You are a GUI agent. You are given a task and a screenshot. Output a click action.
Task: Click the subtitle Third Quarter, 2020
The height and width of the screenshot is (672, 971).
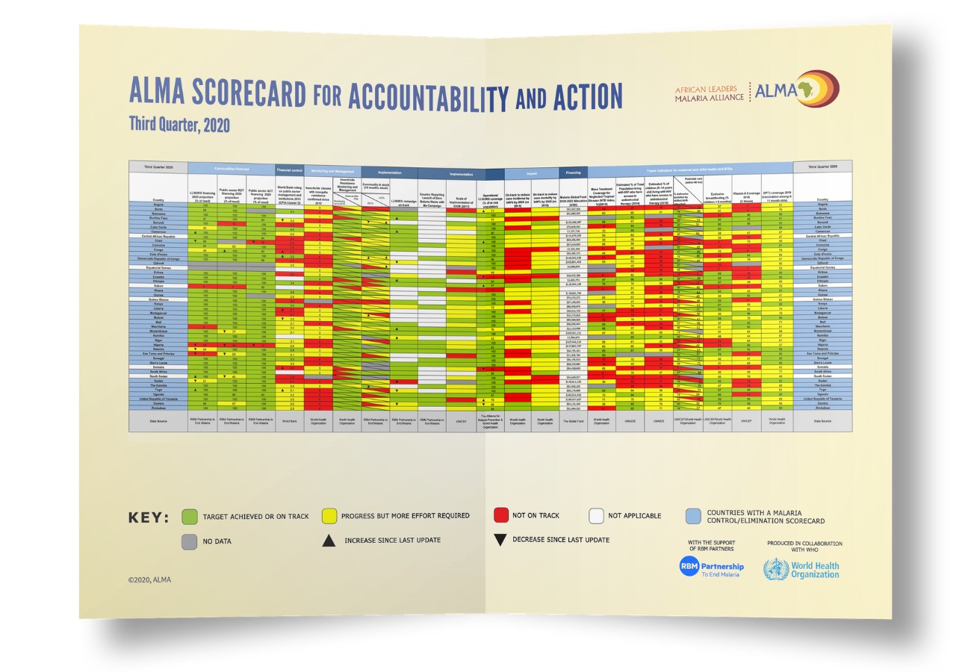click(x=179, y=123)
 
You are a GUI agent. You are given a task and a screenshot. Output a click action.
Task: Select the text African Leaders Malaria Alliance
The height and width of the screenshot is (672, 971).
click(x=709, y=93)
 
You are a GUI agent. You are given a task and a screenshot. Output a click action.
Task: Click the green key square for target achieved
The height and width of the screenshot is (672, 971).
click(x=190, y=516)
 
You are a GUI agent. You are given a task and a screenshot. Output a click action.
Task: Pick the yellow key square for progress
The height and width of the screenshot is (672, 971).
click(x=329, y=516)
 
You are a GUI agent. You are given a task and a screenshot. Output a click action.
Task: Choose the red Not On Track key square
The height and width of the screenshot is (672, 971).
click(x=501, y=515)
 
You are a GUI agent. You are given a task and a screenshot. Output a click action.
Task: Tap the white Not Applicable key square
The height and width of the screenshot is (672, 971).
click(x=595, y=515)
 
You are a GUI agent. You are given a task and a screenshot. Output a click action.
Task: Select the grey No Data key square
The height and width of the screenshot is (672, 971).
click(x=190, y=541)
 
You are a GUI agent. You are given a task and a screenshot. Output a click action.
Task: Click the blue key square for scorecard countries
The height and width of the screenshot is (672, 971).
click(x=693, y=516)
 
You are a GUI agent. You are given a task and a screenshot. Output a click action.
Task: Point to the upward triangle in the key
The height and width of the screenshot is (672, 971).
click(x=329, y=541)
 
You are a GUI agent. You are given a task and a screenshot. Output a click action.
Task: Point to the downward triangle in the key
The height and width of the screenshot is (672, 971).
click(x=500, y=540)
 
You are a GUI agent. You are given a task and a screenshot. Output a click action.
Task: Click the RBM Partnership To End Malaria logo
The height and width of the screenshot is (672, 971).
click(x=711, y=568)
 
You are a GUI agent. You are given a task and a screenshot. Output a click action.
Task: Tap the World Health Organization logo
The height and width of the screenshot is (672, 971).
click(x=801, y=570)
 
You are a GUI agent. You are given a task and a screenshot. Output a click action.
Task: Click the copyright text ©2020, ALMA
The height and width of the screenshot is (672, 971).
click(x=149, y=579)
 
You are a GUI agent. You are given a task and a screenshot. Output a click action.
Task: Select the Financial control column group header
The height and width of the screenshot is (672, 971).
click(x=288, y=170)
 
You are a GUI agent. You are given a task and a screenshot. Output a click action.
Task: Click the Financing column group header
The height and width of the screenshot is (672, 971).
click(x=573, y=172)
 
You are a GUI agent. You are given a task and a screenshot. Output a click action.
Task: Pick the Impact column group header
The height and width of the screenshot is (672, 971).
click(x=531, y=173)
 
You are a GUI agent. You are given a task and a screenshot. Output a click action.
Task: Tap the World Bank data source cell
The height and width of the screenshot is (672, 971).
click(x=288, y=420)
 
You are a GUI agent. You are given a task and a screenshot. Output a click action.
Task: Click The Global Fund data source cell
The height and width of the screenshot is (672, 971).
click(x=573, y=421)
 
